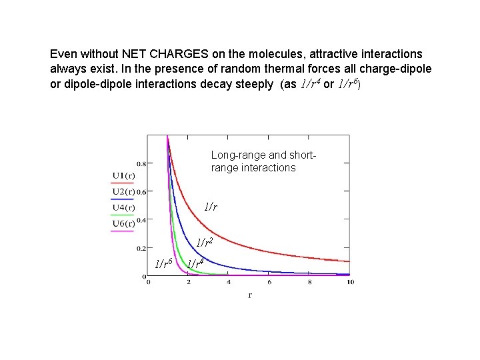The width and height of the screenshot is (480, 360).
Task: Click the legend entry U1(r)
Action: (x=123, y=175)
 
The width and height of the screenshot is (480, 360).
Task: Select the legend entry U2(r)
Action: (x=123, y=192)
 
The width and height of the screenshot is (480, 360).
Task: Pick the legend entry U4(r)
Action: (x=123, y=207)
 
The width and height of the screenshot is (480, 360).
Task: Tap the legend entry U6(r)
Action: (x=123, y=223)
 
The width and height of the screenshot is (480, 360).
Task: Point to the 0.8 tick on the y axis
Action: (x=142, y=163)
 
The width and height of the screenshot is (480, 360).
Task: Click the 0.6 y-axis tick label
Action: (x=142, y=191)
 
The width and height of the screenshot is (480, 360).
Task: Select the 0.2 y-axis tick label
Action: (x=142, y=248)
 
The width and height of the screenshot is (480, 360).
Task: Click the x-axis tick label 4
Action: (x=229, y=282)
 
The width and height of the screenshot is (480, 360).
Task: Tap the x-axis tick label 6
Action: (x=269, y=282)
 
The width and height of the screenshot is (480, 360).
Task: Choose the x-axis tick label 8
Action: (x=309, y=282)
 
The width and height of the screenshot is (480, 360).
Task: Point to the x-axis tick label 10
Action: (x=350, y=282)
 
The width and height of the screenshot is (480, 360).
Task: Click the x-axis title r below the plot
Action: (x=250, y=295)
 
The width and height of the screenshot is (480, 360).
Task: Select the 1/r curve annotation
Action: (x=211, y=207)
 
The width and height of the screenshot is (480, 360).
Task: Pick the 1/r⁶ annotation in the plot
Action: (x=164, y=263)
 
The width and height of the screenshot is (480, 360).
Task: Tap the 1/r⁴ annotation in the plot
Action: (x=195, y=263)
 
